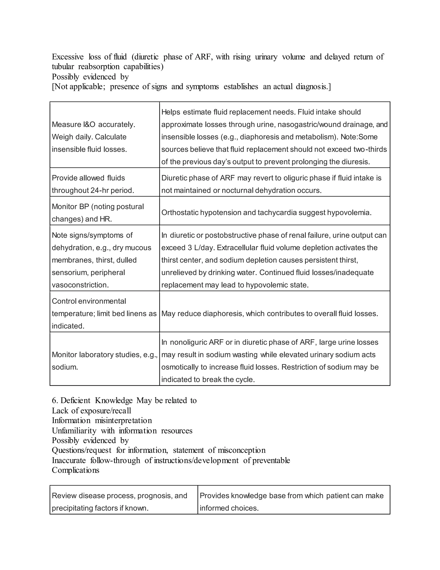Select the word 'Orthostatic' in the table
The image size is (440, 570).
pyautogui.click(x=180, y=213)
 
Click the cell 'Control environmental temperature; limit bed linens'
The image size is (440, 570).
pyautogui.click(x=104, y=313)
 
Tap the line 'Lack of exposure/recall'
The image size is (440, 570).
pyautogui.click(x=91, y=411)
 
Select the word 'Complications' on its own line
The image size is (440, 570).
pyautogui.click(x=75, y=470)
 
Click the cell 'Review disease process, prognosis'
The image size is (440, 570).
pyautogui.click(x=119, y=502)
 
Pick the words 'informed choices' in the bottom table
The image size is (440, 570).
pyautogui.click(x=229, y=508)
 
